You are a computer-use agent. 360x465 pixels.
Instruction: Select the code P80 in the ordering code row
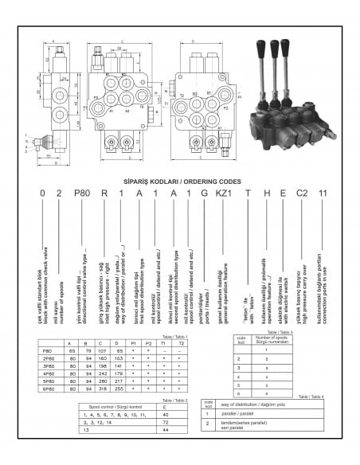[x=83, y=193]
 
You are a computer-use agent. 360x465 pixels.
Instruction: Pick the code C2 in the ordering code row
[x=302, y=193]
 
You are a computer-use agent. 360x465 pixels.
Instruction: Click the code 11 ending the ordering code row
[x=323, y=193]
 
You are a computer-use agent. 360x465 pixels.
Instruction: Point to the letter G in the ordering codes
[x=205, y=193]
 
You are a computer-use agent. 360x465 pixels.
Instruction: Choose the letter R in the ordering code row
[x=104, y=193]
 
